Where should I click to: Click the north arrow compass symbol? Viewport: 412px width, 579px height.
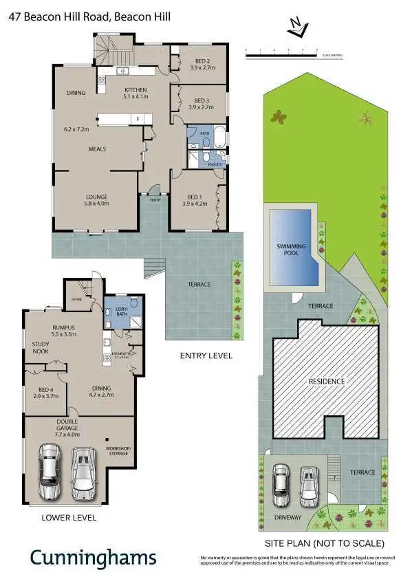(x=297, y=28)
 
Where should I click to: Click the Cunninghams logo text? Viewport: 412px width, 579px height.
(x=92, y=556)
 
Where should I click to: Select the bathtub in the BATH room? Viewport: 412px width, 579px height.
(x=219, y=138)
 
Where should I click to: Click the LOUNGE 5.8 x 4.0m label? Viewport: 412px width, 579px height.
(x=96, y=199)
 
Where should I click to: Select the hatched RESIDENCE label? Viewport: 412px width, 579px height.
(x=326, y=381)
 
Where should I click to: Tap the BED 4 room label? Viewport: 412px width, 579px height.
(x=46, y=392)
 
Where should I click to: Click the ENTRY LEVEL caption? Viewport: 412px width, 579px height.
(x=206, y=356)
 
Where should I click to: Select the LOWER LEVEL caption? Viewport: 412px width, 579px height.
(x=69, y=517)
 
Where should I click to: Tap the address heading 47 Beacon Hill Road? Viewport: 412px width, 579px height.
(x=89, y=15)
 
